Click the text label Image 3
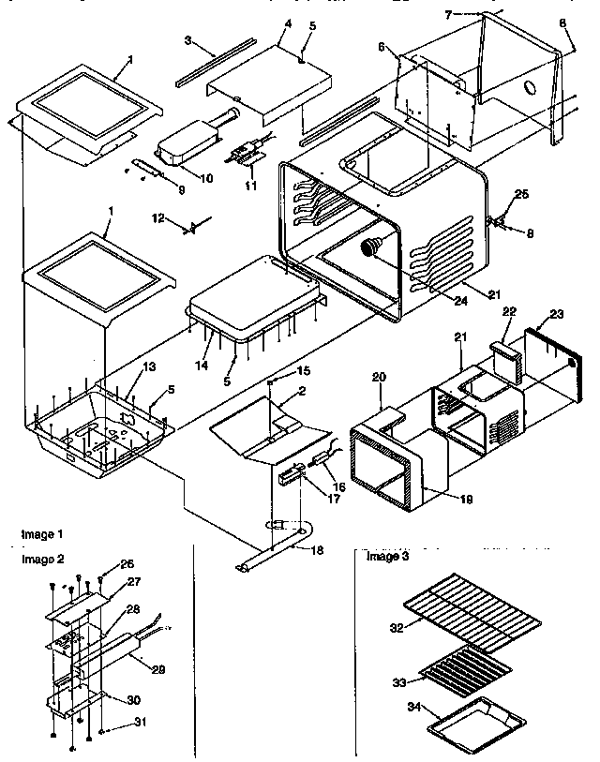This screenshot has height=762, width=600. tap(386, 557)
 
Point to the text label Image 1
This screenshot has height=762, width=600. tap(43, 533)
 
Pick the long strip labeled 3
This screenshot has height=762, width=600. tap(215, 63)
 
